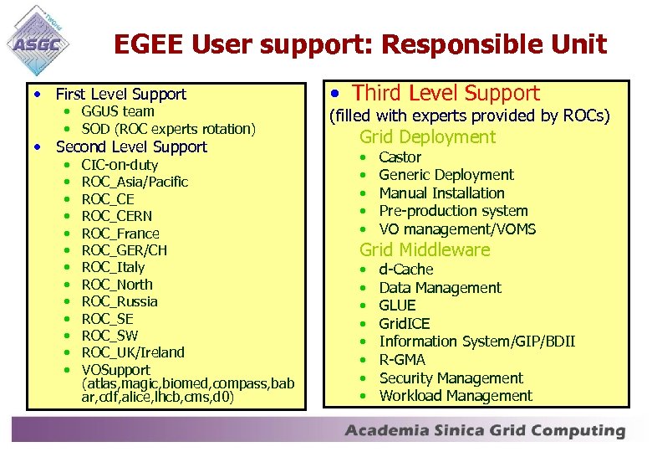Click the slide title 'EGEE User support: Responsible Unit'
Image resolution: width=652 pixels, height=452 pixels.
[360, 44]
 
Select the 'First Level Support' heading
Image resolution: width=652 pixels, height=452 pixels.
[120, 94]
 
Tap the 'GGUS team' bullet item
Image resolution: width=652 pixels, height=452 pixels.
[118, 111]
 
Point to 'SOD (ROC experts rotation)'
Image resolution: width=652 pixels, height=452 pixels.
[168, 129]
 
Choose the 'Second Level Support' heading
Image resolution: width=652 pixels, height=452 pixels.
[131, 146]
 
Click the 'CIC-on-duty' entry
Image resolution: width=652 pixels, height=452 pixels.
[120, 165]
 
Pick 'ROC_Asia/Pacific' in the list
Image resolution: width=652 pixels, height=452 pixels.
[135, 182]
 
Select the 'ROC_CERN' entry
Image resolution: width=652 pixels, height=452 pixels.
[117, 216]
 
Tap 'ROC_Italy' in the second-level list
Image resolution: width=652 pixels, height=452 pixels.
[113, 267]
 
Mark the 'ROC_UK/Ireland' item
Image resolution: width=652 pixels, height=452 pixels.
[133, 352]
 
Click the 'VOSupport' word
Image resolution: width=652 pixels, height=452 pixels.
[115, 369]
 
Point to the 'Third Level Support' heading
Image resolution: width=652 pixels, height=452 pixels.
[446, 93]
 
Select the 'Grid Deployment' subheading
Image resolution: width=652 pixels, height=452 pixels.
[427, 137]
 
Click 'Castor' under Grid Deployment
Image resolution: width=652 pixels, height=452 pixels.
[400, 157]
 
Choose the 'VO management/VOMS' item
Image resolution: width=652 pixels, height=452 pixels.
[457, 229]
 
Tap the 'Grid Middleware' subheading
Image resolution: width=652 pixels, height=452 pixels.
[425, 249]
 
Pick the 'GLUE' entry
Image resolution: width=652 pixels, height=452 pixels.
[397, 306]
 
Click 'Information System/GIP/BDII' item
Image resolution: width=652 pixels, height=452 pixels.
[476, 342]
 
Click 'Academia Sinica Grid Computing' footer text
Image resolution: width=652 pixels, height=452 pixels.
[485, 431]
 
